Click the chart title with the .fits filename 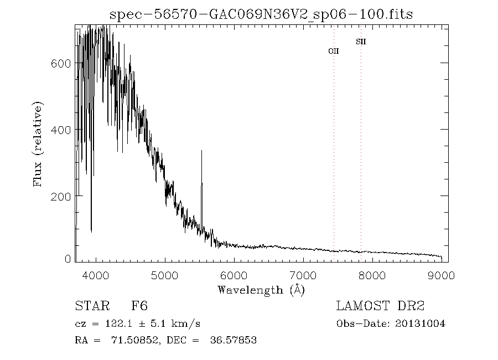coord(261,14)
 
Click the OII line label coord(334,51)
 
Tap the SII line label coord(361,42)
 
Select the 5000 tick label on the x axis coord(165,275)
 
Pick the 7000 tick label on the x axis coord(303,275)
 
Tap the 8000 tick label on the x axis coord(372,275)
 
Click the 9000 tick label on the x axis coord(441,275)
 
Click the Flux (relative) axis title coord(38,143)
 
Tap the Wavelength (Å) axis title coord(261,290)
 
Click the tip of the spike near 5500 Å coord(201,150)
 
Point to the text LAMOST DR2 coord(380,306)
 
